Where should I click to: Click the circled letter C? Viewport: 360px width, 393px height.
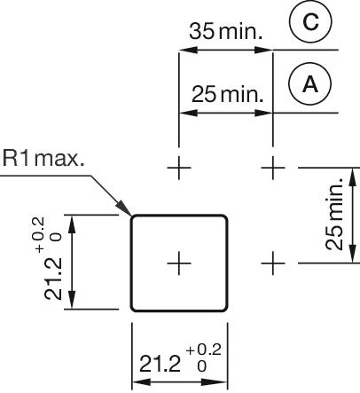pos(309,24)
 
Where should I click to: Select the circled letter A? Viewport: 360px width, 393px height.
pos(309,84)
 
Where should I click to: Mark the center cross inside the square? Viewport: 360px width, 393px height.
pos(179,263)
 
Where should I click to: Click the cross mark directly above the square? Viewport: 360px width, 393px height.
pos(179,166)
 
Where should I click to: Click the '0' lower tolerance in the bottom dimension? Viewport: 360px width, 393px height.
pos(201,365)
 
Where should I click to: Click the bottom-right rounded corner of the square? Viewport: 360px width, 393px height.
pos(224,308)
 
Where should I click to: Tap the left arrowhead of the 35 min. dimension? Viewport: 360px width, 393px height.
pos(184,50)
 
